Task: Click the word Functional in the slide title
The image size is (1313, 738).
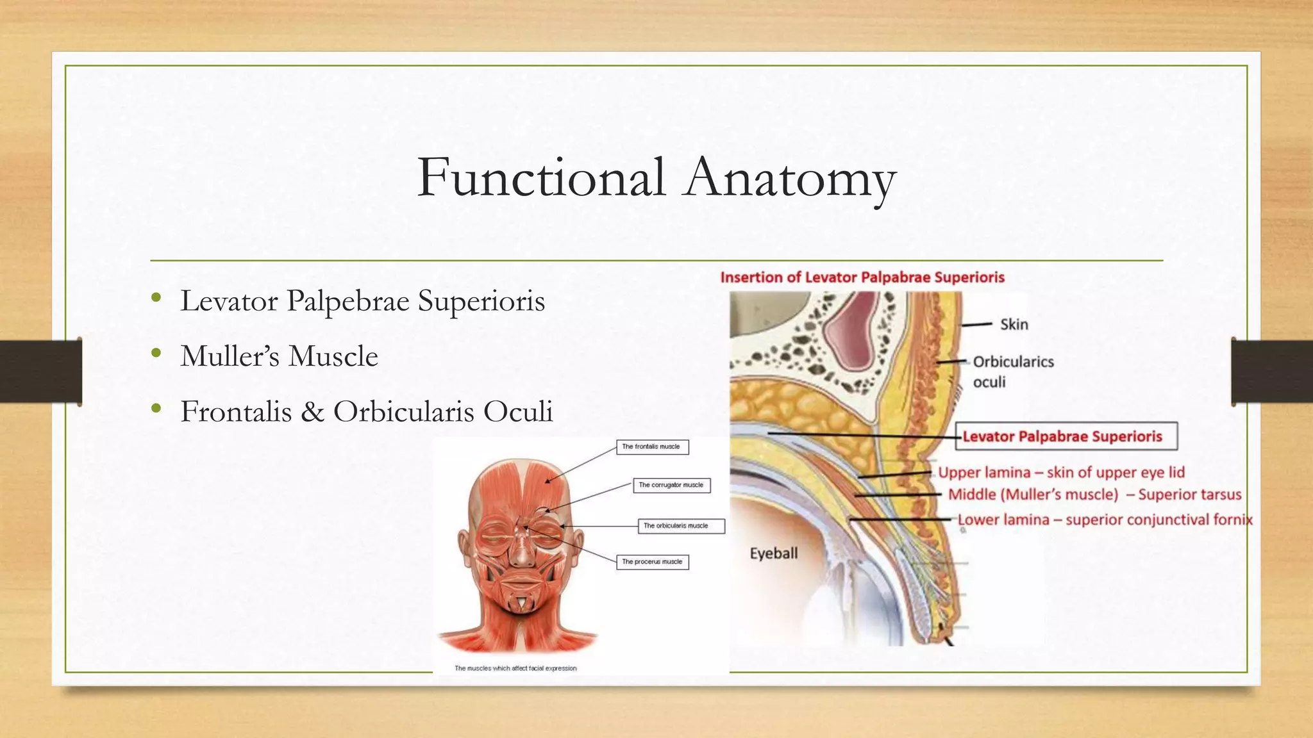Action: (x=541, y=177)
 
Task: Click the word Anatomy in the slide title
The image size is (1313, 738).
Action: (x=790, y=179)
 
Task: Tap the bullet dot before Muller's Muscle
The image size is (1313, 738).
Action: (x=156, y=353)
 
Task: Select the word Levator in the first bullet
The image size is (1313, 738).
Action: (x=229, y=300)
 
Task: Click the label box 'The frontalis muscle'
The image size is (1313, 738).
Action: (x=652, y=447)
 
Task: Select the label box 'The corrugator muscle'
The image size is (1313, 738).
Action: (x=671, y=485)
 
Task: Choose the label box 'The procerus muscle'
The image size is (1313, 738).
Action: (x=652, y=562)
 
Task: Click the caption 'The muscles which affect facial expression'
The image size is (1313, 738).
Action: (x=515, y=668)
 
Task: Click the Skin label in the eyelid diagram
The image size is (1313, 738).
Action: (x=1014, y=325)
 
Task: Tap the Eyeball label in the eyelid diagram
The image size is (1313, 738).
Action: (x=774, y=553)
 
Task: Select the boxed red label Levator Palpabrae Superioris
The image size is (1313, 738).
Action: (x=1066, y=436)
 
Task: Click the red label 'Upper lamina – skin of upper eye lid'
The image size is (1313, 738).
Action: (x=1061, y=473)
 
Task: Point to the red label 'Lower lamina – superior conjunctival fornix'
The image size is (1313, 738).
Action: (x=1105, y=520)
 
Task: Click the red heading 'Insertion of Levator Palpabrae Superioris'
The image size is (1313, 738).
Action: (x=862, y=277)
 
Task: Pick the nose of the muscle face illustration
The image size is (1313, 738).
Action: (x=523, y=551)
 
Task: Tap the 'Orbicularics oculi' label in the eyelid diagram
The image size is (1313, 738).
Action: (x=1012, y=372)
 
